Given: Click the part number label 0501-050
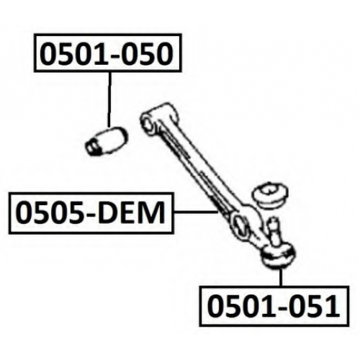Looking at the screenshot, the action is [x=107, y=53].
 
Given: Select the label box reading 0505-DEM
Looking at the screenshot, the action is [x=91, y=213].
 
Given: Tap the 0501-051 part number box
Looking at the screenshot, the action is [x=274, y=306].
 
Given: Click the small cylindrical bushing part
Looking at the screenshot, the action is [x=107, y=140].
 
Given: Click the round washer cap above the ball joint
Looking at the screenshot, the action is [x=271, y=196].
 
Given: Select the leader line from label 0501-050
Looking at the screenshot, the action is [x=109, y=99].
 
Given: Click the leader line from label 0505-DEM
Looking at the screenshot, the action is [x=195, y=212].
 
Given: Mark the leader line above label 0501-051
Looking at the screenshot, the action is [x=281, y=278].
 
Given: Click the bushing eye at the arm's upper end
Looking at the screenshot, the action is [x=148, y=122].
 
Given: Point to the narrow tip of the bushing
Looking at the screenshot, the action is [x=91, y=148].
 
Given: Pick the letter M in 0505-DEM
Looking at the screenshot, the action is [x=153, y=212].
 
